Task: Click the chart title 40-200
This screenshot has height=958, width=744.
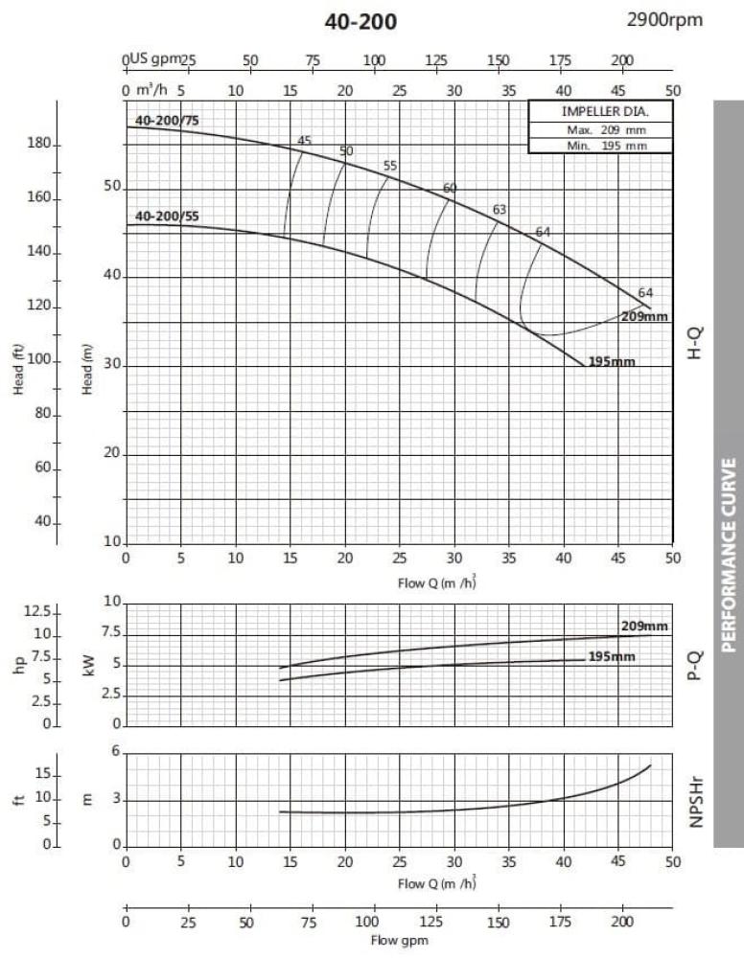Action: pyautogui.click(x=360, y=21)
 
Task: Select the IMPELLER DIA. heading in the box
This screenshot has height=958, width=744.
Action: pyautogui.click(x=599, y=111)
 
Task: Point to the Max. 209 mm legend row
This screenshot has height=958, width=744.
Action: pyautogui.click(x=599, y=128)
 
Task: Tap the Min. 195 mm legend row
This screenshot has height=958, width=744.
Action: pyautogui.click(x=599, y=146)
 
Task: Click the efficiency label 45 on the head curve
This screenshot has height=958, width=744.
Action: pyautogui.click(x=305, y=141)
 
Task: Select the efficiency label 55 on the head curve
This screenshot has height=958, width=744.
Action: pyautogui.click(x=389, y=166)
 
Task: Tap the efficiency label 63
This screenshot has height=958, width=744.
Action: pyautogui.click(x=500, y=209)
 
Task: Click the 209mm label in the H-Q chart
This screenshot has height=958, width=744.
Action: pyautogui.click(x=644, y=316)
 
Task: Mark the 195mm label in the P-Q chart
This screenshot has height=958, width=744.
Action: pyautogui.click(x=612, y=657)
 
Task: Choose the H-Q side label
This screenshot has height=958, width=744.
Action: pyautogui.click(x=696, y=342)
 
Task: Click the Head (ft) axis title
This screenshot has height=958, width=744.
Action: pyautogui.click(x=19, y=369)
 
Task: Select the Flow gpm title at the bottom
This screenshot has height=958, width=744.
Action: pyautogui.click(x=398, y=941)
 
